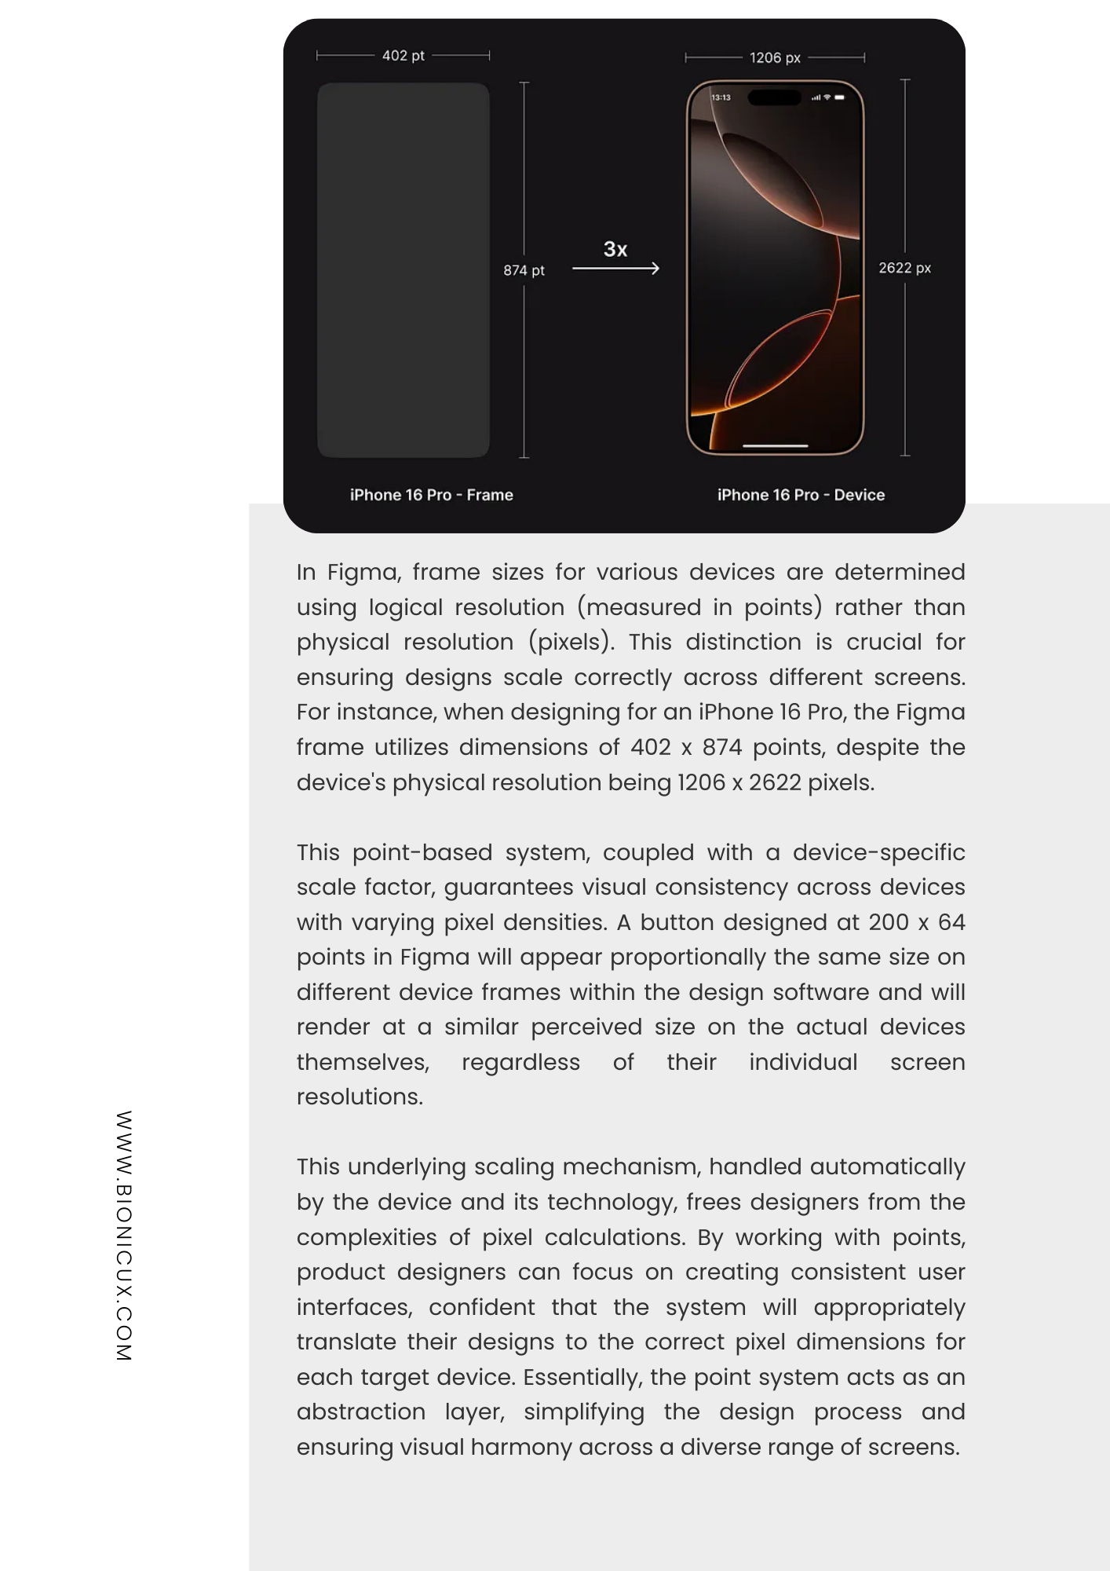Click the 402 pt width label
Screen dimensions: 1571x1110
tap(403, 56)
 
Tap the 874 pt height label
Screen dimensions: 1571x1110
tap(524, 270)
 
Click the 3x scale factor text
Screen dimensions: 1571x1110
tap(615, 250)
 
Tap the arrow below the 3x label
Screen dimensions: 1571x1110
tap(615, 269)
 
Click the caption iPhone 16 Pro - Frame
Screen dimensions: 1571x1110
tap(431, 495)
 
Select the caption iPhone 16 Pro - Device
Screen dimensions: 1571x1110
tap(801, 495)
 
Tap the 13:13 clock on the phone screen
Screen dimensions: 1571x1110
tap(721, 97)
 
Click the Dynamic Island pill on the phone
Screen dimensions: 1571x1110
tap(774, 97)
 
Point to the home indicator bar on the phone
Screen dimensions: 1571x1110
tap(775, 445)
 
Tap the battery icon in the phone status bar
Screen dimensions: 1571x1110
tap(839, 97)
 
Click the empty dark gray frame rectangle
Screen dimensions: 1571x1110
tap(403, 269)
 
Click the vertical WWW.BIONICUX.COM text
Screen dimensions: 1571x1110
tap(124, 1236)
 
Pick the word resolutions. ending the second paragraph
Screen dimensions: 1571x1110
tap(360, 1097)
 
